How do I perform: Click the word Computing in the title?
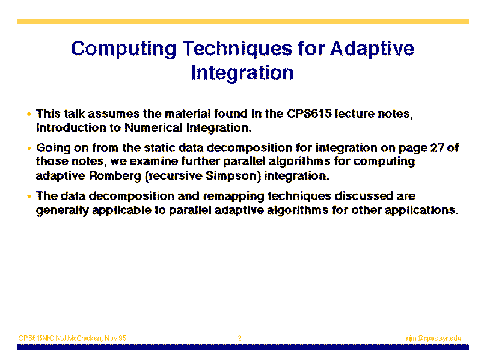pyautogui.click(x=124, y=49)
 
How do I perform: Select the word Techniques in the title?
pyautogui.click(x=237, y=49)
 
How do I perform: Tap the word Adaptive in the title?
pyautogui.click(x=372, y=49)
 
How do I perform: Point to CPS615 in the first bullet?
pyautogui.click(x=309, y=114)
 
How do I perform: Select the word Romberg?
pyautogui.click(x=115, y=176)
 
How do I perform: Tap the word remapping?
pyautogui.click(x=233, y=197)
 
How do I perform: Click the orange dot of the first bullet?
pyautogui.click(x=29, y=114)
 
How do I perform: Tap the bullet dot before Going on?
pyautogui.click(x=29, y=148)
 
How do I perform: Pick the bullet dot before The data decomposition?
pyautogui.click(x=29, y=197)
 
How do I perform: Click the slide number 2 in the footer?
pyautogui.click(x=239, y=338)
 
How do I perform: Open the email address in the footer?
pyautogui.click(x=434, y=338)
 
